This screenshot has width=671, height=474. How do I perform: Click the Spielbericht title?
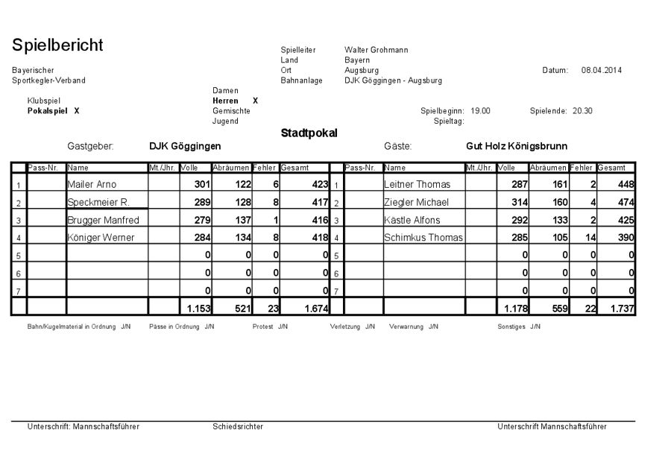pyautogui.click(x=57, y=45)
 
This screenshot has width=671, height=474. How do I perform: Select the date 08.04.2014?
pyautogui.click(x=601, y=70)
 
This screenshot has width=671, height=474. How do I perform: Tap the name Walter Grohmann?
pyautogui.click(x=376, y=50)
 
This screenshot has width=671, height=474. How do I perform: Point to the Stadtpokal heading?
pyautogui.click(x=309, y=133)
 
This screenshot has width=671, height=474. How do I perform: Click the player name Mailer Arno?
pyautogui.click(x=92, y=184)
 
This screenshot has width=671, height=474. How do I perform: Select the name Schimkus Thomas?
pyautogui.click(x=423, y=238)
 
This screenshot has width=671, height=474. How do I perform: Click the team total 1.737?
pyautogui.click(x=622, y=308)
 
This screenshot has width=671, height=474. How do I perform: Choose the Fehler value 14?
pyautogui.click(x=587, y=238)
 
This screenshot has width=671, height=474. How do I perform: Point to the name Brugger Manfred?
pyautogui.click(x=103, y=220)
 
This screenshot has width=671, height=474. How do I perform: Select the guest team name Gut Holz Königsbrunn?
pyautogui.click(x=517, y=147)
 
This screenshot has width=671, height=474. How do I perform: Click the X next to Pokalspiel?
pyautogui.click(x=77, y=110)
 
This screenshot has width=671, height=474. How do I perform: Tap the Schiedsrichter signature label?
pyautogui.click(x=238, y=426)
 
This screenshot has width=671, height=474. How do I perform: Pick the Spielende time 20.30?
pyautogui.click(x=582, y=110)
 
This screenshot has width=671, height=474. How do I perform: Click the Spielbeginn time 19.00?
pyautogui.click(x=480, y=110)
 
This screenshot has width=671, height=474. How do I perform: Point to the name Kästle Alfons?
pyautogui.click(x=412, y=220)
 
